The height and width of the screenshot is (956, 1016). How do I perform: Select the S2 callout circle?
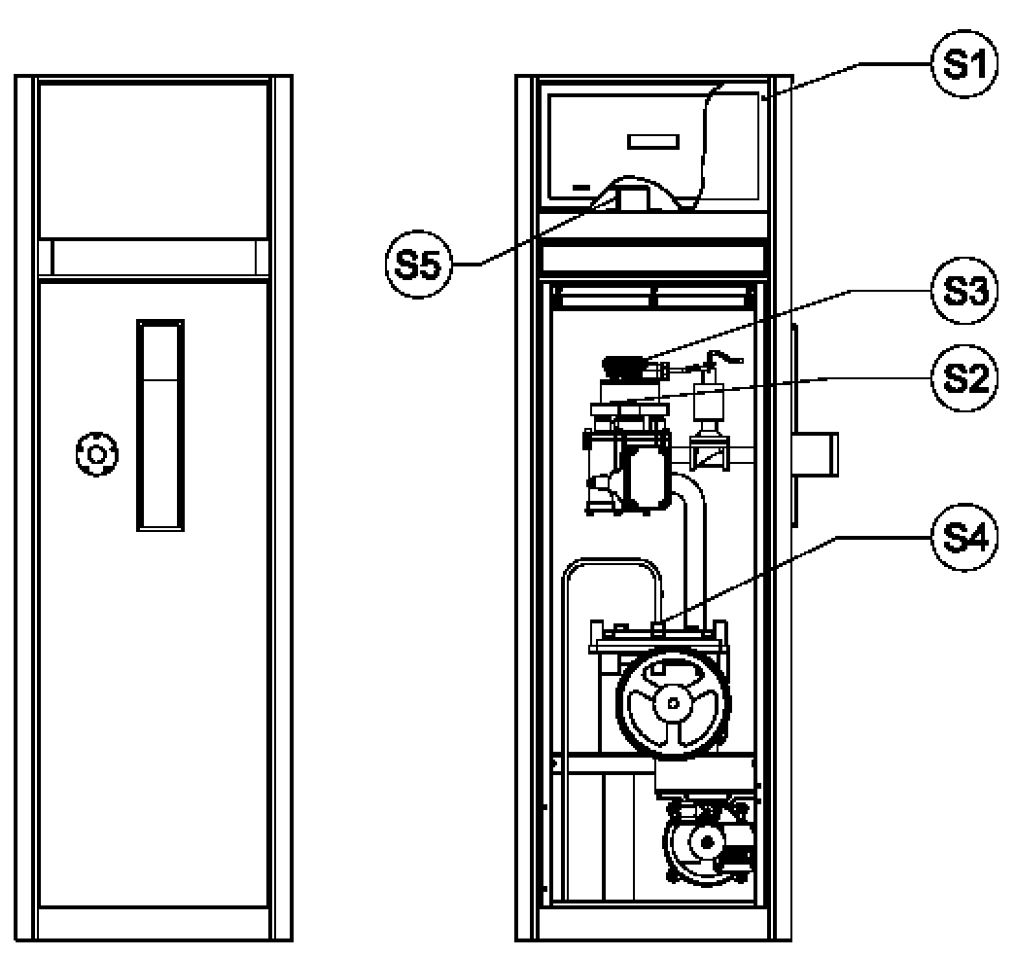point(965,378)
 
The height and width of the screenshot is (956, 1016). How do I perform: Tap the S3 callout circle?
point(965,291)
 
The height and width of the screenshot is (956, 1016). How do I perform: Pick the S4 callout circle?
point(965,537)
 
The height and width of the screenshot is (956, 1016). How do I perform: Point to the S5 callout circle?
point(419,265)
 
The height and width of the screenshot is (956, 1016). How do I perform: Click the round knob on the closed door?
point(96,454)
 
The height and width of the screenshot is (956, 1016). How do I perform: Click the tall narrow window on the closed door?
point(160,425)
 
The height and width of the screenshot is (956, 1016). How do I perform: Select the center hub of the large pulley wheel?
point(673,702)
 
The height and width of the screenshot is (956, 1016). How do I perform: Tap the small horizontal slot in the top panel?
point(653,141)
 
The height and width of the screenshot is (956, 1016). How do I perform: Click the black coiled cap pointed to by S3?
point(624,366)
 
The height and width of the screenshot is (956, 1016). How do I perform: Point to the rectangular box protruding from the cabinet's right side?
point(819,454)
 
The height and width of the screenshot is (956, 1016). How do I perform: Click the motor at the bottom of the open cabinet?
point(708,843)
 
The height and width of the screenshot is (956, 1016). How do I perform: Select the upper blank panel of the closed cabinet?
point(153,160)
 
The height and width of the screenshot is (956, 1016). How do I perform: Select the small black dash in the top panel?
point(581,188)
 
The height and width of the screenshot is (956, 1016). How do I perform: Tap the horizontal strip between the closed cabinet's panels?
point(153,258)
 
